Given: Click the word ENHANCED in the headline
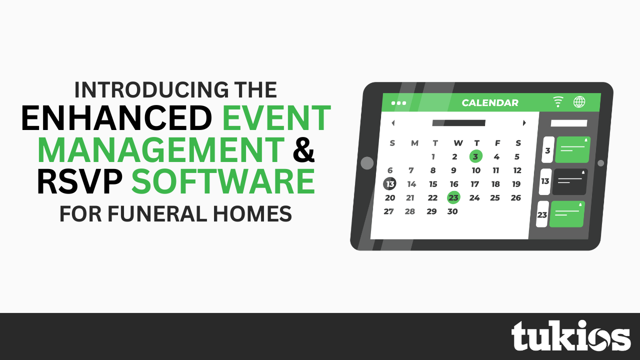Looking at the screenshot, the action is (116, 118).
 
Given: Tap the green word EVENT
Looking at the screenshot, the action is (276, 118).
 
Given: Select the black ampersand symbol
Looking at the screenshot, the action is (303, 149).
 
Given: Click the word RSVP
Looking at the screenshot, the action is (79, 181).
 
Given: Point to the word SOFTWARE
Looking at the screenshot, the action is (223, 181).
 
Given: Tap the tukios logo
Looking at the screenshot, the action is (571, 335).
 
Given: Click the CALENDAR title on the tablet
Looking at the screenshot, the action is (490, 103).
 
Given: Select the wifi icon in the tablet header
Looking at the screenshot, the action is (557, 101).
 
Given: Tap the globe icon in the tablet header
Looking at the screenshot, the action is (579, 101).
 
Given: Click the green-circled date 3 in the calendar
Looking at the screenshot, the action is (475, 156).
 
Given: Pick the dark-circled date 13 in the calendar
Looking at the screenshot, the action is (389, 183).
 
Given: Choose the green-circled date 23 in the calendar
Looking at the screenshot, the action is (453, 197).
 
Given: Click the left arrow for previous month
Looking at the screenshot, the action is (393, 123).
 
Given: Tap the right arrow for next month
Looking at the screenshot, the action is (524, 123).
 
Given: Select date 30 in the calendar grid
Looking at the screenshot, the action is (452, 211).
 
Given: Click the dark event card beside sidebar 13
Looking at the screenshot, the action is (570, 181).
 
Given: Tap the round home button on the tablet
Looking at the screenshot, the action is (367, 163).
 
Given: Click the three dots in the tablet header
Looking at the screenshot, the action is (398, 103).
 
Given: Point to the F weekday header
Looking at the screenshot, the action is (497, 143).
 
